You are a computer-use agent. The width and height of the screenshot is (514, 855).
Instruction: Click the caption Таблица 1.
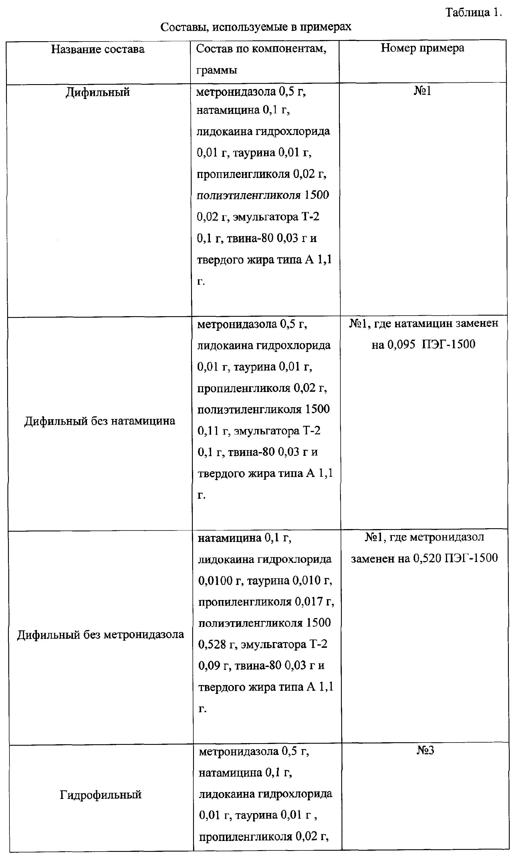pos(473,13)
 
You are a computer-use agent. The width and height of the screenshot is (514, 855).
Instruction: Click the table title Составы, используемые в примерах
pos(256,27)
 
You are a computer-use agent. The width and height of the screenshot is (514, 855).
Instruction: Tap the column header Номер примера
pos(422,48)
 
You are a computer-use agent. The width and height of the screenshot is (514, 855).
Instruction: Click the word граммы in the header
pos(217,70)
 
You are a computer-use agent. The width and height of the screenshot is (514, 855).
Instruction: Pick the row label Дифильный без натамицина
pos(100,421)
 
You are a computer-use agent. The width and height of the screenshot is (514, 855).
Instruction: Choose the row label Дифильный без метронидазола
pos(100,634)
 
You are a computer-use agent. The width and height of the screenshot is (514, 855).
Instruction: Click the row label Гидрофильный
pos(100,794)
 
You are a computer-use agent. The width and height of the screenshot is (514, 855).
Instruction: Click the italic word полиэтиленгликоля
pos(249,195)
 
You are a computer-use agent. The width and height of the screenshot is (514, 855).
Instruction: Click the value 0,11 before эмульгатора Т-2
pos(209,431)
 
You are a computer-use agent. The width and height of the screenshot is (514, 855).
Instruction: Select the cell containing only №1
pos(422,91)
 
